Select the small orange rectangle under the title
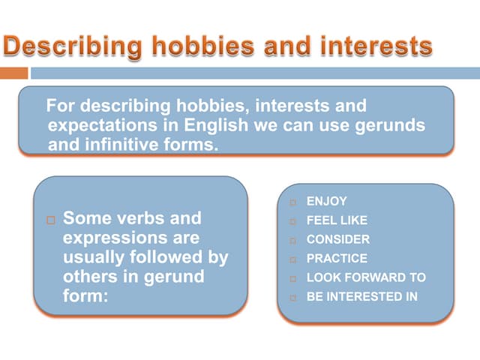(x=13, y=73)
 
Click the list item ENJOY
(x=326, y=202)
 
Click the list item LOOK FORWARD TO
(x=366, y=277)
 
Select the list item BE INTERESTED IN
(x=362, y=296)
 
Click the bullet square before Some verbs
(x=50, y=220)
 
